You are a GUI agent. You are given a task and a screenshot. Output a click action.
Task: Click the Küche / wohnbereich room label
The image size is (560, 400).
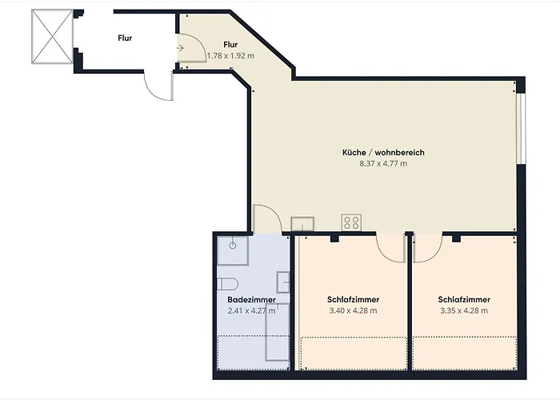coord(383,153)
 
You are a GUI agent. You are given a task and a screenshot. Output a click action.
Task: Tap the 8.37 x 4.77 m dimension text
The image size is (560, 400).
coord(383,163)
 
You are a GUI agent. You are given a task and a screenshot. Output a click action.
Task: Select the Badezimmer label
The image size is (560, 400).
coord(251,300)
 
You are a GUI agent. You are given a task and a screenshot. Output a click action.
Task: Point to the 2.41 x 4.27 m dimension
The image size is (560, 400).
coord(251,310)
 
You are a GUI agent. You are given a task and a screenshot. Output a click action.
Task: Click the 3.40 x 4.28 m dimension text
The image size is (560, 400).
coord(353,310)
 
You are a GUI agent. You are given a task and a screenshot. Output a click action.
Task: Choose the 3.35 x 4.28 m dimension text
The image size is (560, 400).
coord(464,310)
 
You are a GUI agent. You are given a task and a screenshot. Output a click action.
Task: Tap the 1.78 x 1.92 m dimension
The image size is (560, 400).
coord(230,56)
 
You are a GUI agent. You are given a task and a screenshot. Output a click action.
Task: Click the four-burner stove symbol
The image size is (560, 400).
coord(351,222)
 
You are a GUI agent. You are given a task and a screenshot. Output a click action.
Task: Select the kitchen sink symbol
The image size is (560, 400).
coord(302,224)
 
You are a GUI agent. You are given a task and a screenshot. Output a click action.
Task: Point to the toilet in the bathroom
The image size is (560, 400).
coord(227,284)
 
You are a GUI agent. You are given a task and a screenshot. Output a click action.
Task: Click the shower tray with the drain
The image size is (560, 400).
coord(233,250)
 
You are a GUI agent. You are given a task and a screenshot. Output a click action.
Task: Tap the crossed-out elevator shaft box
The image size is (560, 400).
coord(52,37)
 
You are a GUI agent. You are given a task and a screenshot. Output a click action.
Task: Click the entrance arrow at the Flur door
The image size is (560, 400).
coord(180,47)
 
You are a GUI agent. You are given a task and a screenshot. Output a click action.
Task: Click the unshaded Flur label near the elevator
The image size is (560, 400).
coord(125,38)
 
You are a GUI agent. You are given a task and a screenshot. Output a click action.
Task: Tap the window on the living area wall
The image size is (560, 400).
coord(522,129)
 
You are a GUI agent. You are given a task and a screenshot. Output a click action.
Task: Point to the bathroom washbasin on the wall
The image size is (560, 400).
coord(283,282)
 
